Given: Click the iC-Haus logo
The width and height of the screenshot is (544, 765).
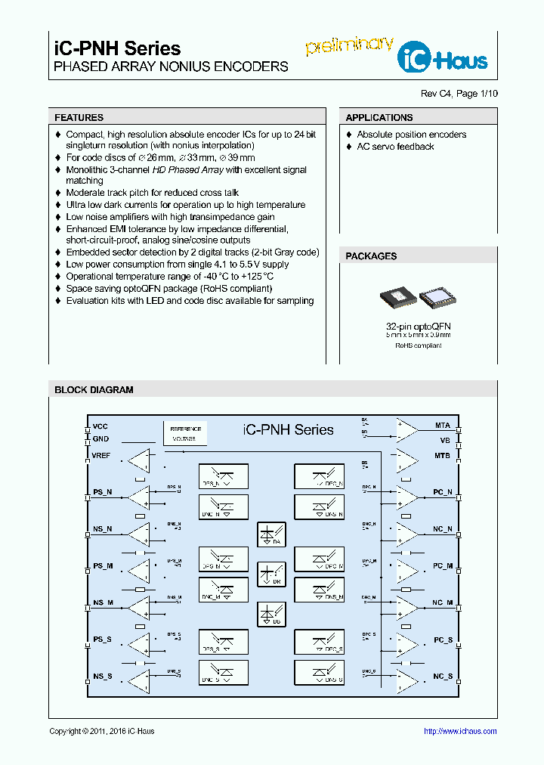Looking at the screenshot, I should (x=446, y=57).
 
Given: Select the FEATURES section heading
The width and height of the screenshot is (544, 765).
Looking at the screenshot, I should (x=79, y=118).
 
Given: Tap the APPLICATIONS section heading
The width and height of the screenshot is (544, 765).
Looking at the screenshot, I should (x=379, y=118).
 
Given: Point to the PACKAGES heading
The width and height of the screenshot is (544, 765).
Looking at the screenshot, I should (x=371, y=256).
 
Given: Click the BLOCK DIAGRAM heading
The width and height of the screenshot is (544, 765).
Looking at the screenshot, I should (x=94, y=390).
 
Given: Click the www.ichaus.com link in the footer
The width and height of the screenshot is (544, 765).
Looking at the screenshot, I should (x=460, y=731).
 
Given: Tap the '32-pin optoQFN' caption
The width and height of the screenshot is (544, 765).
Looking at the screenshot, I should (x=419, y=326).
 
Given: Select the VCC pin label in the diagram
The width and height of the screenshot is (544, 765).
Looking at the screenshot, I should (x=100, y=426).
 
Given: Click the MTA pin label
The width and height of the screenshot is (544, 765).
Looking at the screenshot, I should (x=443, y=426).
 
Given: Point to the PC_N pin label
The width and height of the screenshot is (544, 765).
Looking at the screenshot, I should (x=443, y=492).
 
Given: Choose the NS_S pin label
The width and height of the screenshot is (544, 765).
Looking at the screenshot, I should (x=103, y=677).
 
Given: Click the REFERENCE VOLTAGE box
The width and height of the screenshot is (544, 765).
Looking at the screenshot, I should (x=184, y=433).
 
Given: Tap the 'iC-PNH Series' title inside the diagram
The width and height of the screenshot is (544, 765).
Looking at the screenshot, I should (x=288, y=429).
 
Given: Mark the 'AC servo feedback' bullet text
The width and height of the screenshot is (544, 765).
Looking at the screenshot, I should (x=395, y=147).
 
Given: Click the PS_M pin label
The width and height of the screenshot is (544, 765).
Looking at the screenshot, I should (x=103, y=565).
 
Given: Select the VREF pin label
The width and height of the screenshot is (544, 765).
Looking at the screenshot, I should (x=102, y=456).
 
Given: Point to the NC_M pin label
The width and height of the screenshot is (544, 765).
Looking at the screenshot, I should (x=443, y=602).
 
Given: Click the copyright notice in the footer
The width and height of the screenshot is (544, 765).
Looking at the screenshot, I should (x=102, y=731).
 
